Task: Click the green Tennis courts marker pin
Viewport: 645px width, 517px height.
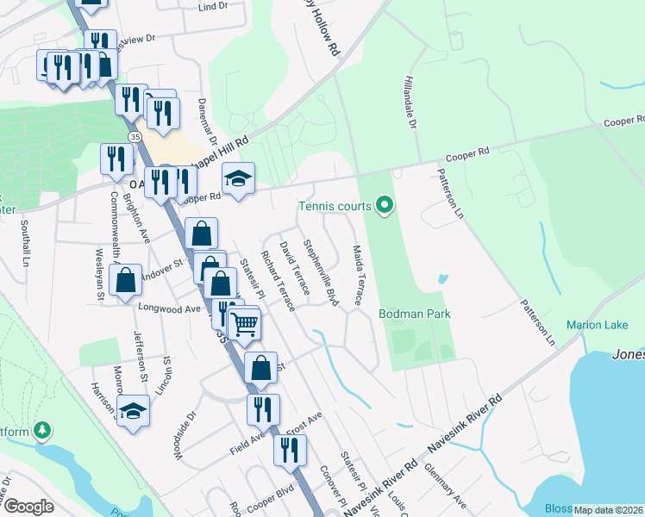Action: point(385,206)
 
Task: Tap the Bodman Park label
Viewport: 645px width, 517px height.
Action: point(415,314)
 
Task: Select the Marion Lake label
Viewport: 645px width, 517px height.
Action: point(594,325)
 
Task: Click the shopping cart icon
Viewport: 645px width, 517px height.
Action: point(245,323)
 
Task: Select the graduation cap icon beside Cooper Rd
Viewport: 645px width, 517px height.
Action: point(239,178)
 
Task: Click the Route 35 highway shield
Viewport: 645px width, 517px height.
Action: point(135,137)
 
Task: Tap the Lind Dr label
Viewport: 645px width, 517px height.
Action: point(211,6)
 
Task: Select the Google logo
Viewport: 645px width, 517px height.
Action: point(28,506)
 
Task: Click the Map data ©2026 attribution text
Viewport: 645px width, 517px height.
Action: point(608,510)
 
